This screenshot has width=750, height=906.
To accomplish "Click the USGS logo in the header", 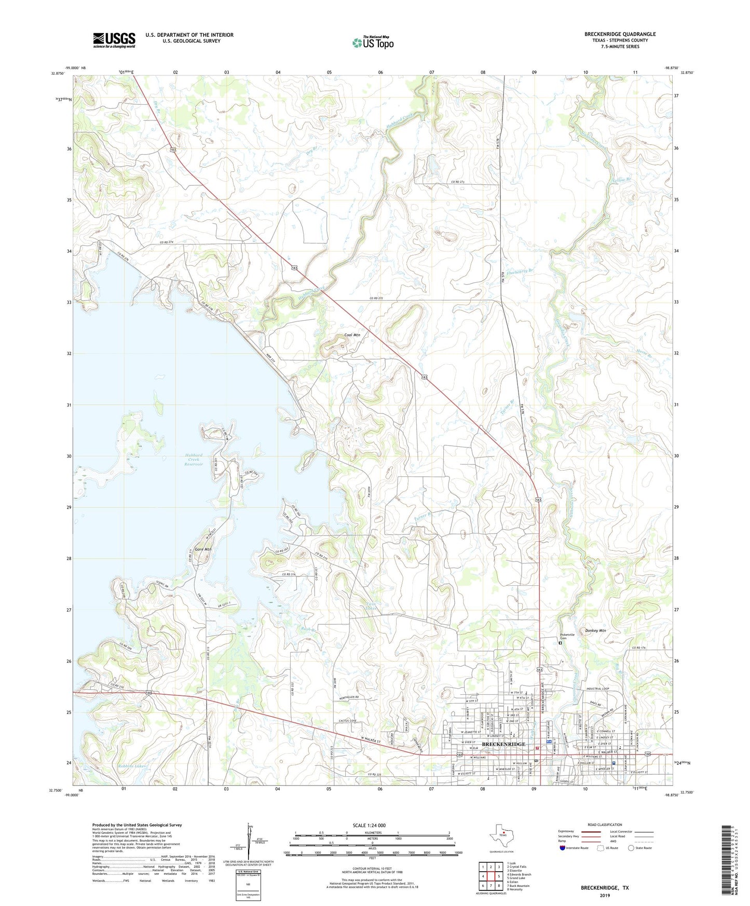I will click(114, 40).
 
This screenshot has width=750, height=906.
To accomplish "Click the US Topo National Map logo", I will click(373, 42).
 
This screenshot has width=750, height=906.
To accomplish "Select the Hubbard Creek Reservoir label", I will click(194, 460).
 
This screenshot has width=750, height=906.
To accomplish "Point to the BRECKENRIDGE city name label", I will click(503, 744).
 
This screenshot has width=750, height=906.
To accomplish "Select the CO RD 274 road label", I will click(166, 243).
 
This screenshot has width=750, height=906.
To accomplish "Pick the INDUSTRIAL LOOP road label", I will click(597, 689).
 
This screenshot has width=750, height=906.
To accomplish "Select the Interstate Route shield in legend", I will click(563, 848).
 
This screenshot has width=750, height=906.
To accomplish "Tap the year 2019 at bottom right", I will click(604, 895).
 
